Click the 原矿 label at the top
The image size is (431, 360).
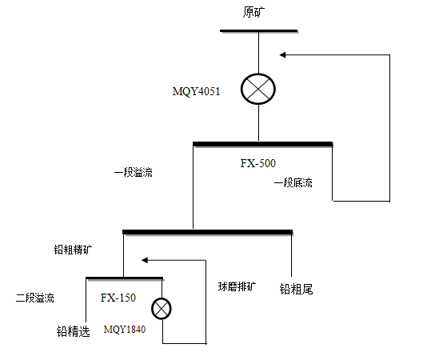click(253, 12)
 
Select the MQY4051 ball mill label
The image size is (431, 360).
click(196, 91)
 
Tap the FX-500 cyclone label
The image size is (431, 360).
click(257, 163)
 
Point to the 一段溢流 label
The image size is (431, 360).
click(134, 173)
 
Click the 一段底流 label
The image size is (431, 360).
click(293, 183)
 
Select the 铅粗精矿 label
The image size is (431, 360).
click(73, 250)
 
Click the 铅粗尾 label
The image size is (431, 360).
click(297, 290)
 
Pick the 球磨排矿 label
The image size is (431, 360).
click(237, 287)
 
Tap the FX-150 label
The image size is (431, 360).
click(118, 298)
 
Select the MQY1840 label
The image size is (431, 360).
click(125, 329)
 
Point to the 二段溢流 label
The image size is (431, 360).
click(35, 298)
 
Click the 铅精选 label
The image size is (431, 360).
click(74, 331)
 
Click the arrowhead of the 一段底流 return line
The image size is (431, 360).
click(282, 55)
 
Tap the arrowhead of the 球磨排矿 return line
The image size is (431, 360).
click(145, 260)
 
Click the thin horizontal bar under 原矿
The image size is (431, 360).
click(258, 31)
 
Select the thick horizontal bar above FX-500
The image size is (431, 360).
click(263, 144)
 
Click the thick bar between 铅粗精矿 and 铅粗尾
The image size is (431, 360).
click(208, 232)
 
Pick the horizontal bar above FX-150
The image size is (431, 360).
click(124, 278)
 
